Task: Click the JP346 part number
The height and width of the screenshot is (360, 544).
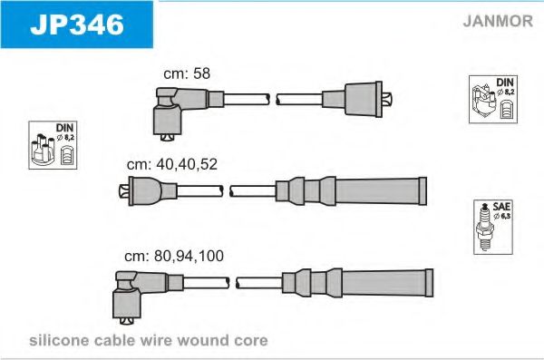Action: tap(77, 24)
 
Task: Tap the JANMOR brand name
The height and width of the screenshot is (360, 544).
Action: tap(498, 21)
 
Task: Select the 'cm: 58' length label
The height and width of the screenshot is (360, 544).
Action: tap(187, 73)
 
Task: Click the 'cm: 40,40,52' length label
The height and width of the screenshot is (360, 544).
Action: tap(172, 164)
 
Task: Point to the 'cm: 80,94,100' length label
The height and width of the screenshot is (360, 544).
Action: tap(174, 256)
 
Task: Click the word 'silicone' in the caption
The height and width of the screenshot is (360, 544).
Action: tap(59, 340)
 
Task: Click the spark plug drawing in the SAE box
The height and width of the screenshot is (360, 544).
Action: tap(484, 227)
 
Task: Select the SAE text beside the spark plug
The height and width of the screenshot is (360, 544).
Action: tap(501, 207)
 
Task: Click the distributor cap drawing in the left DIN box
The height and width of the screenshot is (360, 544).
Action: tap(43, 150)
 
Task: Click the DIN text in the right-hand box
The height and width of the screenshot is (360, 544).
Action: tap(505, 83)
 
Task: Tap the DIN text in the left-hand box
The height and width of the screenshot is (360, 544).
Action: tap(64, 128)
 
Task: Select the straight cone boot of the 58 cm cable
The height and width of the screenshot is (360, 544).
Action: tap(356, 99)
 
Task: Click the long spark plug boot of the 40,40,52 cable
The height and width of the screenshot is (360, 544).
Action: tap(351, 191)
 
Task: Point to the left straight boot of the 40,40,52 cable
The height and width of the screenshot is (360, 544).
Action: tap(148, 191)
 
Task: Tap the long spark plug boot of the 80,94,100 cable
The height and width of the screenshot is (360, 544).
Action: tap(358, 283)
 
